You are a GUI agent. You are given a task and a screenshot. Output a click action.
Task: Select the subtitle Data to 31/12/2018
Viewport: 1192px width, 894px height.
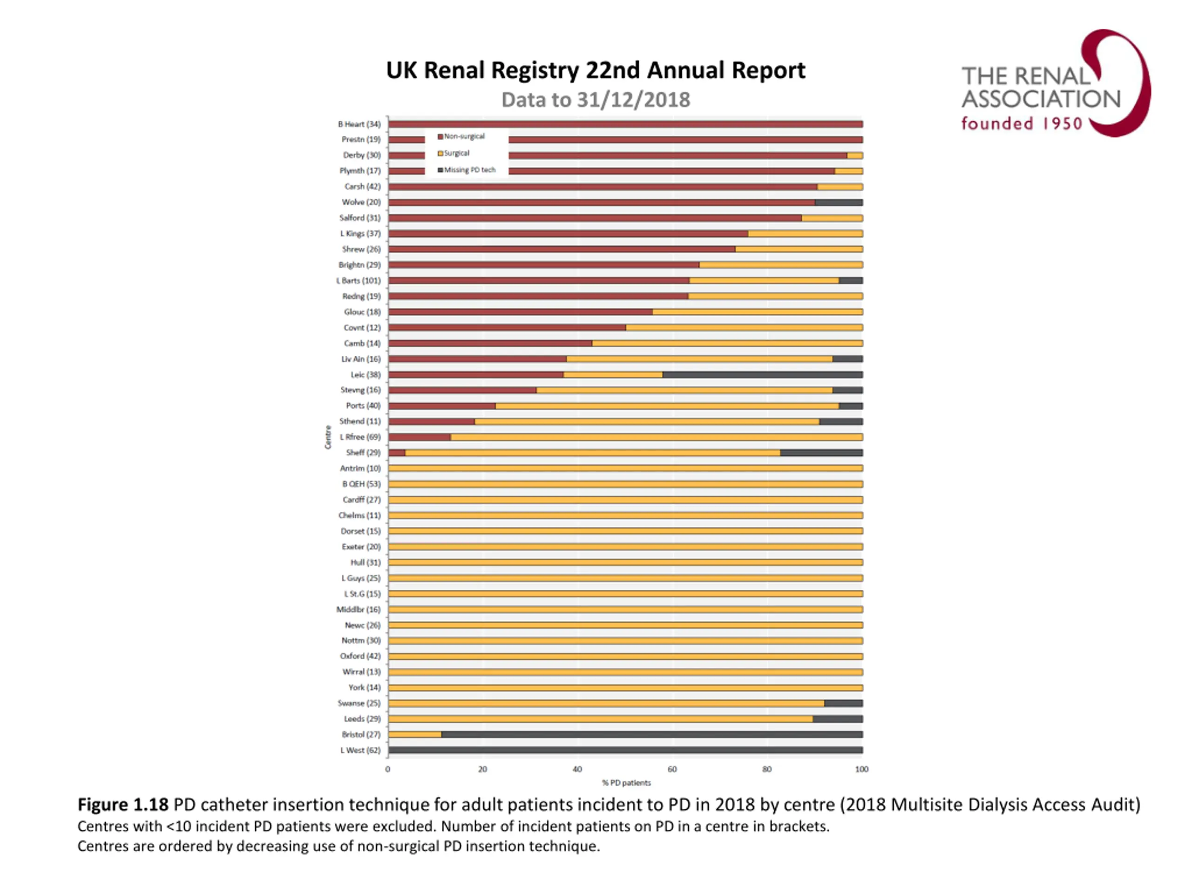point(596,100)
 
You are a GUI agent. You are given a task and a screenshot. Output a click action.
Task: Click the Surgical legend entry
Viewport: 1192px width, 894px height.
point(456,154)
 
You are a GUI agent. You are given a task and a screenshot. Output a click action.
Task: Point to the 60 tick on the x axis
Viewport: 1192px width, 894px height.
point(672,770)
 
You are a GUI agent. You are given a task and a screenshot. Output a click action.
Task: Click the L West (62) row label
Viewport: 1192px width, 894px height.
point(360,751)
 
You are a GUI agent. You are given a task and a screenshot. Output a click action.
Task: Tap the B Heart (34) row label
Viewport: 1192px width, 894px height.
point(359,124)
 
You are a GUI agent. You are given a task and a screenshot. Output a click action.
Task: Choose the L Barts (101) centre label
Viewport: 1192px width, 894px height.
point(359,281)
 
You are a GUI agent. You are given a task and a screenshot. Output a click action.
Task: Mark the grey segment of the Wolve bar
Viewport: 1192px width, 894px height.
point(839,203)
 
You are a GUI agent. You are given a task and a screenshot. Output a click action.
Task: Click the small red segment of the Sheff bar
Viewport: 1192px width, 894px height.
point(397,453)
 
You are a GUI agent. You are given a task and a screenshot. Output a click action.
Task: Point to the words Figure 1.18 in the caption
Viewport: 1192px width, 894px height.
point(123,805)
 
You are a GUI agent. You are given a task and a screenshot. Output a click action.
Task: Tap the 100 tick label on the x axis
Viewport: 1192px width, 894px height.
point(862,770)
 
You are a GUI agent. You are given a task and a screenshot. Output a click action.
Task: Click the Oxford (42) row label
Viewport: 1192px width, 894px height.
point(360,657)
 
